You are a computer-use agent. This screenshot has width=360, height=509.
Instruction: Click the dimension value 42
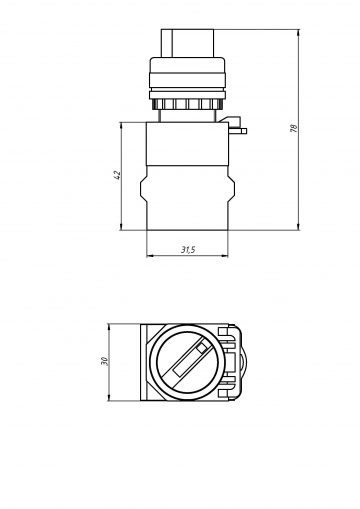118,177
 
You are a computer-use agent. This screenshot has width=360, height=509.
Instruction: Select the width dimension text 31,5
187,249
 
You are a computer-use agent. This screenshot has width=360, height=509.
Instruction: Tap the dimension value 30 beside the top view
105,361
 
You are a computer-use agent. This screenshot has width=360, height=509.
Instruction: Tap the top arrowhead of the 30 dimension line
109,327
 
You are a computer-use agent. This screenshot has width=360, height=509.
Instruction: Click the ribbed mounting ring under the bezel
188,103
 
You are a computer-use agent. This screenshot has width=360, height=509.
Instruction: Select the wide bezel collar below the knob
188,77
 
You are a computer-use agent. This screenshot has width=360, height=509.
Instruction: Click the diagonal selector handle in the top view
188,361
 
